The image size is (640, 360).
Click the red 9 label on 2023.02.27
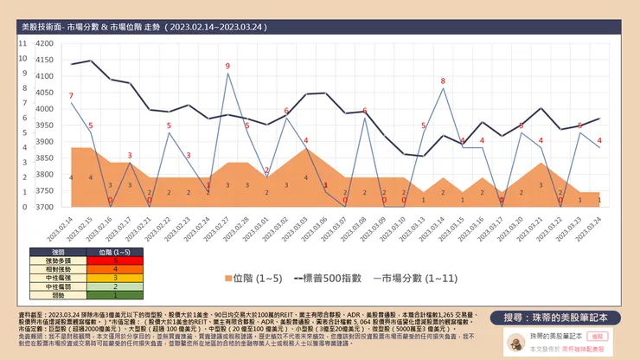point(227,66)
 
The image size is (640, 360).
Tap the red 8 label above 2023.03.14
point(444,81)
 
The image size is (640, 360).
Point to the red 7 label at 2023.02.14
point(71,95)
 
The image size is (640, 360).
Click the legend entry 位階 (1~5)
point(251,279)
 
